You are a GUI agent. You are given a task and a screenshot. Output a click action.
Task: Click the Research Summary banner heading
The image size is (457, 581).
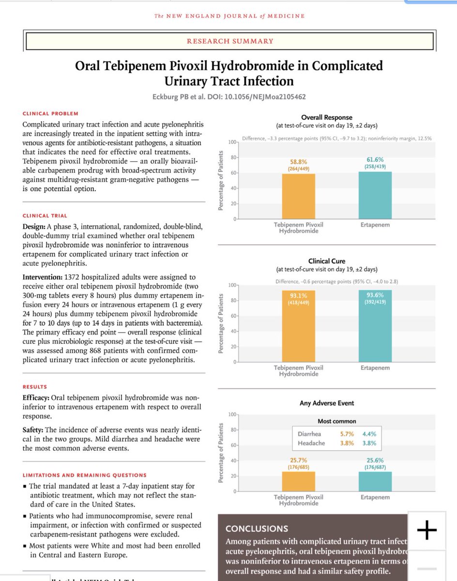coord(230,41)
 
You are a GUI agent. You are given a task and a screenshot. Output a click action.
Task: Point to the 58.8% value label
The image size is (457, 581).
coord(299,161)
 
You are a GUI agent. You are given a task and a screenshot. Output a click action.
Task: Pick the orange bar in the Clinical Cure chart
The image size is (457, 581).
coord(299,329)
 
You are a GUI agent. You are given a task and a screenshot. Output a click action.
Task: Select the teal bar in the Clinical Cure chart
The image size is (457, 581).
coord(375,329)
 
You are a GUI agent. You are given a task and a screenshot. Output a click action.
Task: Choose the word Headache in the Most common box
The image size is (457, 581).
coord(311,443)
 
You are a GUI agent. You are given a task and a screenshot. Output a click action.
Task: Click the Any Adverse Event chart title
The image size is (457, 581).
coord(327,403)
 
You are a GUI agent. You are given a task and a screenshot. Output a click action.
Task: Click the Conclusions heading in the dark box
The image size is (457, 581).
coord(257,529)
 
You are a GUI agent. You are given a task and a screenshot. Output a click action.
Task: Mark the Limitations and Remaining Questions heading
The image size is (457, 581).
coord(84,475)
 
